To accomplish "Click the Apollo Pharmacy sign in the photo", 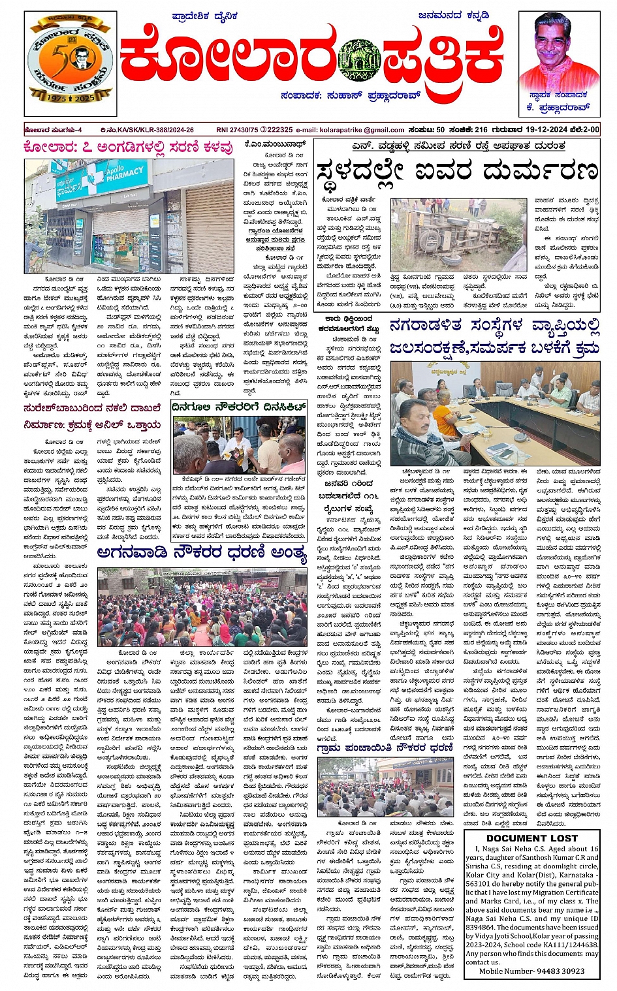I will [125, 177].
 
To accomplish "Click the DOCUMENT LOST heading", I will [531, 838].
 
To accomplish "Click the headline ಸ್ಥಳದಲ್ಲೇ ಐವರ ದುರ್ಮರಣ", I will [456, 171].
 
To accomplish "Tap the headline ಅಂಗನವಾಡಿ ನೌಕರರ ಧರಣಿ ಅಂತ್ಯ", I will [201, 554].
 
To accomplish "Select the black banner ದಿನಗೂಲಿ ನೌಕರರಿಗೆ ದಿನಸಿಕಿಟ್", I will [239, 407].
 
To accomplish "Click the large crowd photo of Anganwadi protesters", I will [202, 607].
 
